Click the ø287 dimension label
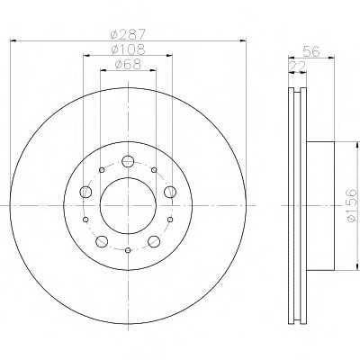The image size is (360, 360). click(128, 33)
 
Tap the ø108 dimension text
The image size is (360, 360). click(128, 49)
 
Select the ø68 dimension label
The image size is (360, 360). click(128, 64)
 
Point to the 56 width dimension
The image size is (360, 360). click(311, 51)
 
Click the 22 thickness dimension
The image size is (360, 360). click(297, 66)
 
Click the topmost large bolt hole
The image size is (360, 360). click(128, 161)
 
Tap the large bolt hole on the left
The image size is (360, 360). click(85, 192)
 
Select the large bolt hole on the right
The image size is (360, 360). click(170, 192)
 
